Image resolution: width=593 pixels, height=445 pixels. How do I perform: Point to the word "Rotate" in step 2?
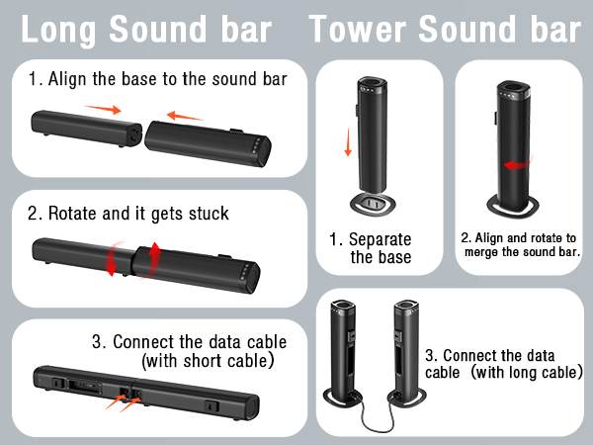tap(71, 213)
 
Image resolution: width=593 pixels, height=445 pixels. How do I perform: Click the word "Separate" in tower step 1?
tap(377, 239)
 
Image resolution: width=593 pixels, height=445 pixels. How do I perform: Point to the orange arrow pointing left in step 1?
tap(185, 116)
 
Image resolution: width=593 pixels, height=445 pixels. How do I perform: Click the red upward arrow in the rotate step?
tap(154, 256)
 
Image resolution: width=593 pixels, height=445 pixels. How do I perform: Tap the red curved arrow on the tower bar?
tap(511, 165)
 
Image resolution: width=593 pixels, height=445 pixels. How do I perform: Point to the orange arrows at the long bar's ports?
tap(126, 400)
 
